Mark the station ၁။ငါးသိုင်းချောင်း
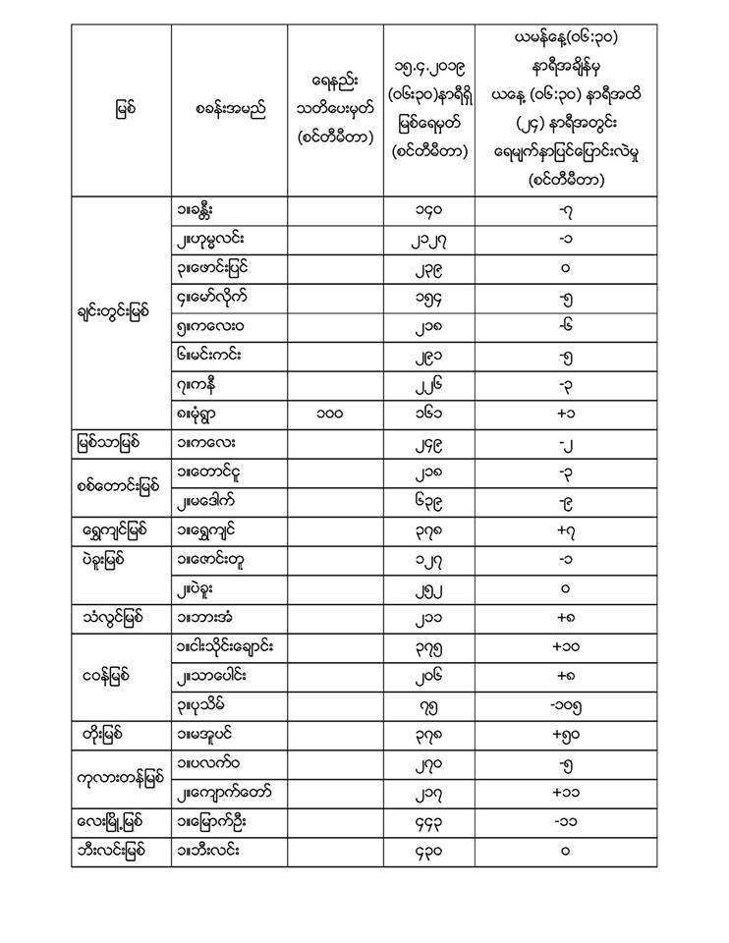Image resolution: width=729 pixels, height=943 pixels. coord(227,647)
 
